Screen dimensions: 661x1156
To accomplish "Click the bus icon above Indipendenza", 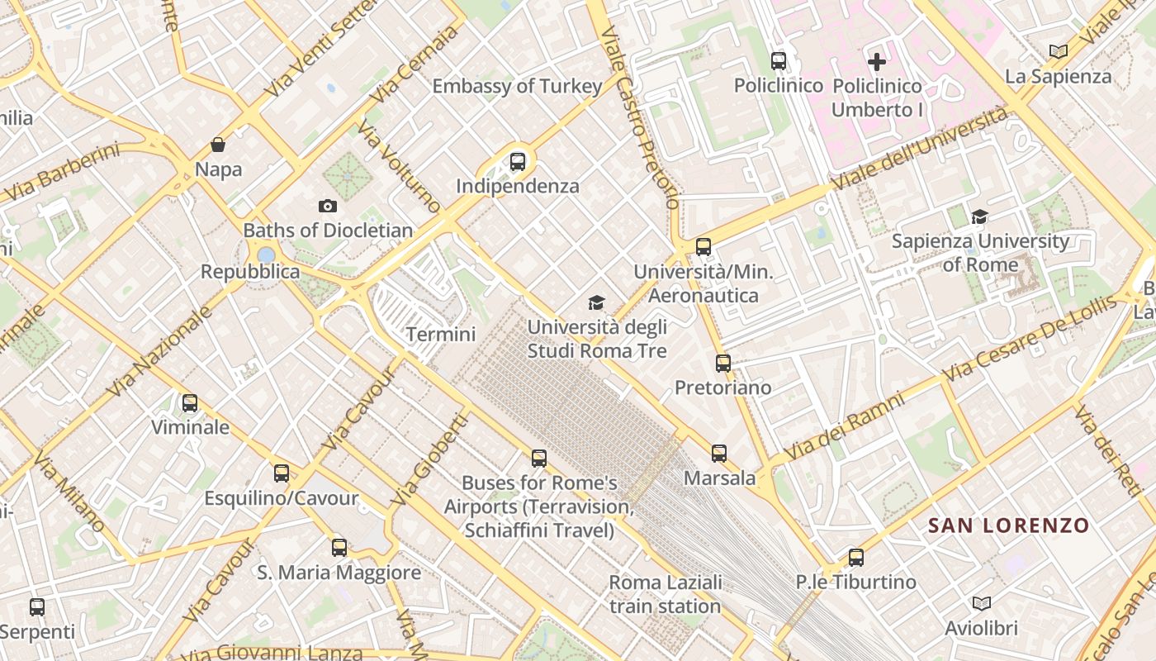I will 518,161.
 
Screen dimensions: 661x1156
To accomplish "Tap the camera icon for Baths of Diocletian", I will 328,206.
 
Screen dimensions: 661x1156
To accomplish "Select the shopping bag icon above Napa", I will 218,145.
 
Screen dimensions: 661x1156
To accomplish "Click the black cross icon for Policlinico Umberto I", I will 877,61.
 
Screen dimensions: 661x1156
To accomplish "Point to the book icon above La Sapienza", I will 1059,51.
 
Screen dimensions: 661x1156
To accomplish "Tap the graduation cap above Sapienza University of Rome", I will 980,216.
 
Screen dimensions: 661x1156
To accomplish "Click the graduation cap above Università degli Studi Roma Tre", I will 596,302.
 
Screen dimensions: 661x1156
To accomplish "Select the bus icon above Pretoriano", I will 723,363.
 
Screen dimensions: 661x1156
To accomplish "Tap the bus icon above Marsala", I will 719,453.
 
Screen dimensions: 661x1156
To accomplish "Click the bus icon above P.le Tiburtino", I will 856,557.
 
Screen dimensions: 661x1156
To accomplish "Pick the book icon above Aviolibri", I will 982,603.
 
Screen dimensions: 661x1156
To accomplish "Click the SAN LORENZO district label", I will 1008,525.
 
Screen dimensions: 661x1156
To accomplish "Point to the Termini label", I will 441,335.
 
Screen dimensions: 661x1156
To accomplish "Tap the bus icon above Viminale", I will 190,403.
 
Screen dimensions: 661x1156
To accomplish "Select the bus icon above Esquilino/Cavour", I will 282,473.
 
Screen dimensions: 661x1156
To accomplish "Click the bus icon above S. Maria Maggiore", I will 339,547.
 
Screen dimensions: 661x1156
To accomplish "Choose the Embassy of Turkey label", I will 517,86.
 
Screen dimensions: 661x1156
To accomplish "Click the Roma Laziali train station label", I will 666,594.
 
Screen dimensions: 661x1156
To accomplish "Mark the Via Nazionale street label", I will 160,352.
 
